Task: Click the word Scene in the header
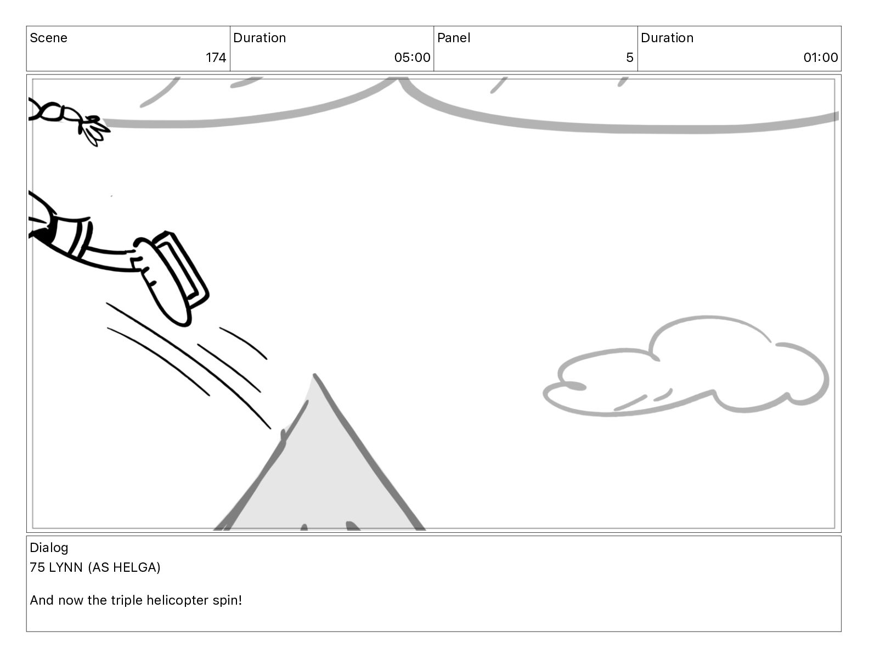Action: pyautogui.click(x=48, y=38)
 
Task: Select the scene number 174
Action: pyautogui.click(x=216, y=58)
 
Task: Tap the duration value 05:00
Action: pyautogui.click(x=412, y=58)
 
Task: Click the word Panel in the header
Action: pyautogui.click(x=454, y=38)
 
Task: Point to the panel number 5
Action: pyautogui.click(x=629, y=58)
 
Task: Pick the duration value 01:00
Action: pyautogui.click(x=820, y=58)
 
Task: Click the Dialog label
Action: pyautogui.click(x=49, y=548)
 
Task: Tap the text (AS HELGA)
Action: pyautogui.click(x=124, y=567)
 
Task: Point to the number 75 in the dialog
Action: pyautogui.click(x=37, y=567)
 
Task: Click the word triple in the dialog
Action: pyautogui.click(x=125, y=600)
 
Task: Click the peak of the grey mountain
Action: pyautogui.click(x=314, y=378)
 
